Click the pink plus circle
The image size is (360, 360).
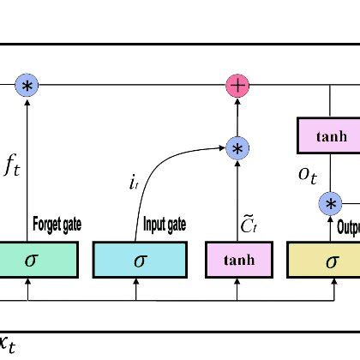pyautogui.click(x=237, y=86)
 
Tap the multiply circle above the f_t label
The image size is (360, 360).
pyautogui.click(x=27, y=86)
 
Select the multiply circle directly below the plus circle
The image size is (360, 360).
pyautogui.click(x=237, y=148)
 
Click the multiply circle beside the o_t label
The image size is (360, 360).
pyautogui.click(x=330, y=204)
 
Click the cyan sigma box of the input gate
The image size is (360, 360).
pyautogui.click(x=139, y=260)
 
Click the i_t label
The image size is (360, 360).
pyautogui.click(x=133, y=182)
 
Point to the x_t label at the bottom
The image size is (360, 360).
pyautogui.click(x=7, y=345)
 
